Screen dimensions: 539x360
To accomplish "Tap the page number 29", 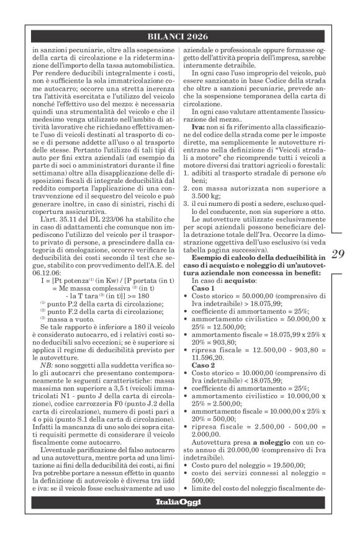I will (x=338, y=271).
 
